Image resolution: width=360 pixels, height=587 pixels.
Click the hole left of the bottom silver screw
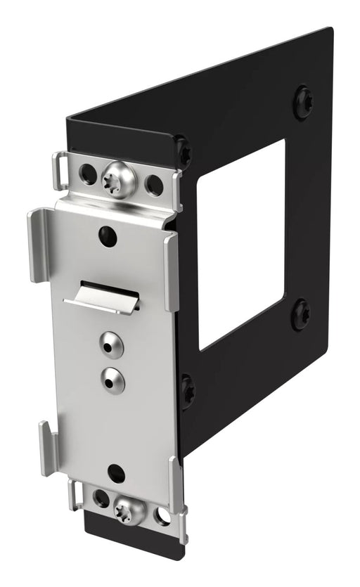(x=101, y=498)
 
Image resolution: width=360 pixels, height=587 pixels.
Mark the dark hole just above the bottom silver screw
(x=117, y=472)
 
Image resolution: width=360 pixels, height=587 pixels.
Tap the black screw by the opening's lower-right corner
(x=300, y=314)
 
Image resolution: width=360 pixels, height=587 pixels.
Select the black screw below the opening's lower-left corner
(x=188, y=389)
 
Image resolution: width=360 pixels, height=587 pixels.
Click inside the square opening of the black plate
(x=243, y=246)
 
